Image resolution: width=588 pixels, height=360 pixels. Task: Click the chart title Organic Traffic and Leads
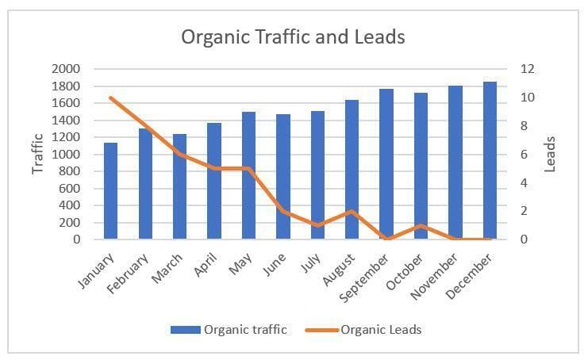tap(293, 37)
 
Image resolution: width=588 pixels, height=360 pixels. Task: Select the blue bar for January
tap(110, 191)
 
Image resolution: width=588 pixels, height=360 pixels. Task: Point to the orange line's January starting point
tap(111, 98)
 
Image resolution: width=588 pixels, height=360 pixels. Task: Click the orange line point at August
tap(352, 211)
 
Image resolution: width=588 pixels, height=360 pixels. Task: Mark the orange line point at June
tap(282, 211)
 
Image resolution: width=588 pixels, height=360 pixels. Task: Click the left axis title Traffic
tap(37, 155)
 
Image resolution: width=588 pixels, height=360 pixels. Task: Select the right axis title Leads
tap(550, 154)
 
